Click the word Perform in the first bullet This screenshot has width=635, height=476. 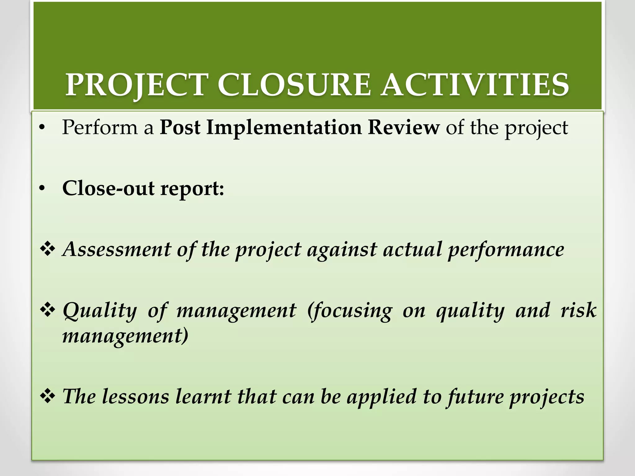pyautogui.click(x=100, y=127)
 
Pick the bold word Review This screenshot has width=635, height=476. pyautogui.click(x=403, y=127)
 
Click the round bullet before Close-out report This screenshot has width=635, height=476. pyautogui.click(x=42, y=188)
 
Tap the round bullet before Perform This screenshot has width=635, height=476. pyautogui.click(x=42, y=128)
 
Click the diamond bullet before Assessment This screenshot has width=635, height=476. pyautogui.click(x=48, y=249)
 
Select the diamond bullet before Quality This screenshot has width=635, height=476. pyautogui.click(x=48, y=310)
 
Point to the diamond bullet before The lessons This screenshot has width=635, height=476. pyautogui.click(x=48, y=396)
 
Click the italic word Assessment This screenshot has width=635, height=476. pyautogui.click(x=117, y=249)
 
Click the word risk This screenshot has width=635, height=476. pyautogui.click(x=579, y=310)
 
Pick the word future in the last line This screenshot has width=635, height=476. pyautogui.click(x=475, y=397)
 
